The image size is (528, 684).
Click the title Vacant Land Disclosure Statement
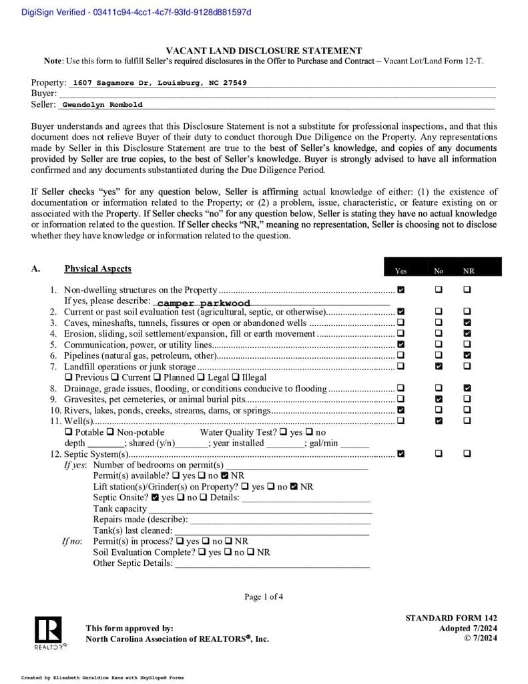tap(264, 51)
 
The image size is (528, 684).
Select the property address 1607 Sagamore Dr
tap(160, 83)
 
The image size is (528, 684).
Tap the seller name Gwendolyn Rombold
tap(102, 105)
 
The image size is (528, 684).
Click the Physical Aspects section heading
tap(97, 269)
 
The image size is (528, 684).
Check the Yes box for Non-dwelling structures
tap(401, 290)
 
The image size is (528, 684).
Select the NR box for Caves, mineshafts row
tap(467, 323)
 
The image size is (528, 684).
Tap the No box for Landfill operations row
tap(439, 366)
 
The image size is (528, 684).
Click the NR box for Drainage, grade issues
tap(467, 388)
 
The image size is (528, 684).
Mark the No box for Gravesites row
tap(439, 399)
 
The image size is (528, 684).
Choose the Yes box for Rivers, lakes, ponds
tap(401, 410)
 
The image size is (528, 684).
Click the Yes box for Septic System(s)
tap(401, 454)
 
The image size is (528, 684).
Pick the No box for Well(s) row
tap(439, 421)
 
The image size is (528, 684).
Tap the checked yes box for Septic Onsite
tap(155, 498)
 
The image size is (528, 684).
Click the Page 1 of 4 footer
tap(264, 596)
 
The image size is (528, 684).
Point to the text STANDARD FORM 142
tap(451, 619)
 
